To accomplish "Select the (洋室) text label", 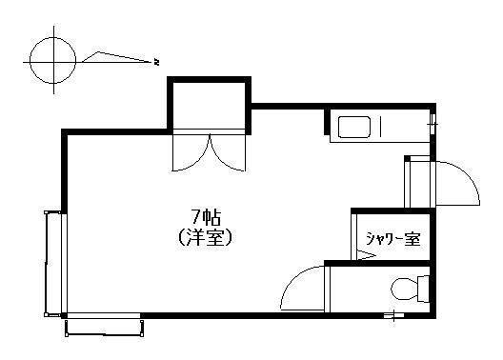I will [x=205, y=238].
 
